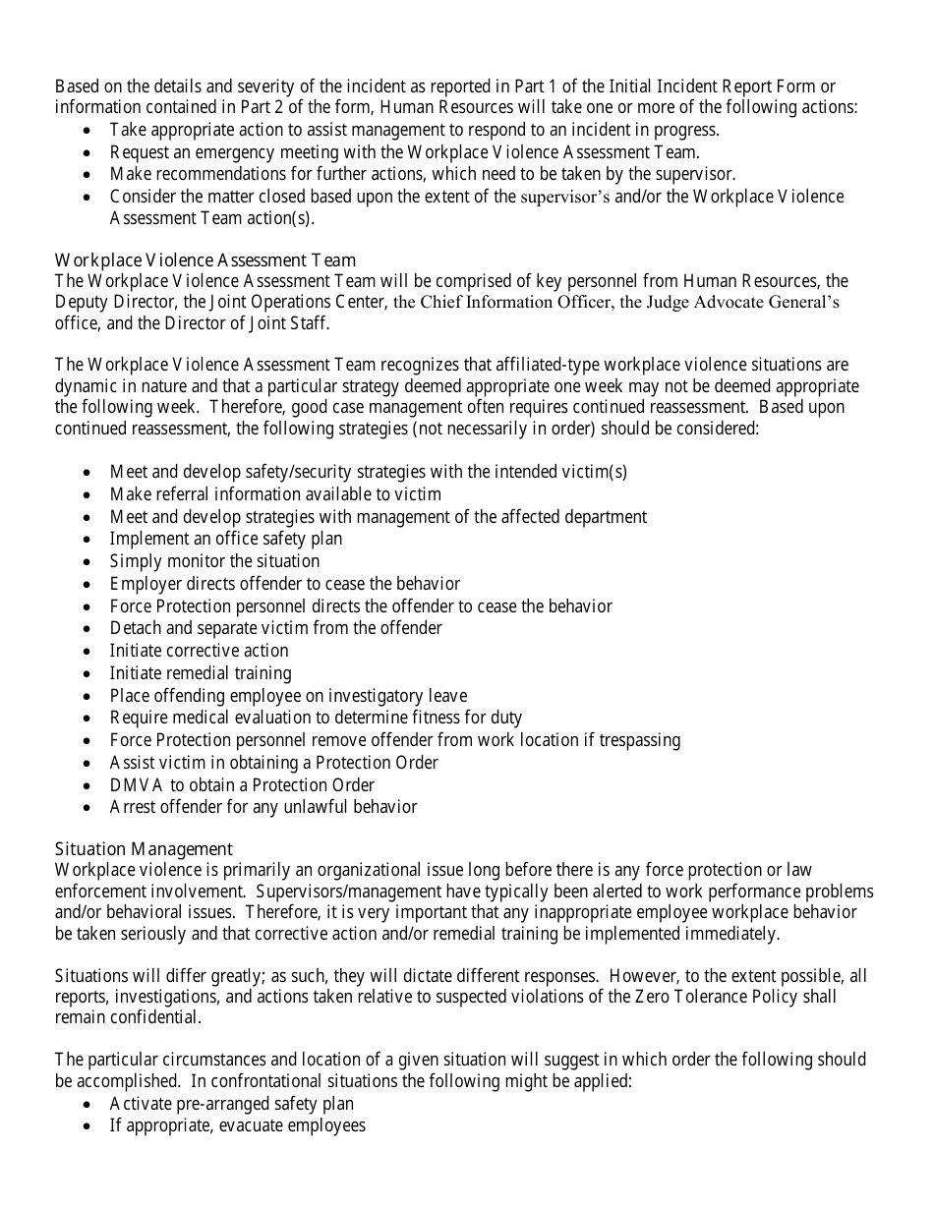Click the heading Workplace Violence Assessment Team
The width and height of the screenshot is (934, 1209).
[x=205, y=260]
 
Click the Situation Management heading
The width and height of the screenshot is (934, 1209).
[x=144, y=849]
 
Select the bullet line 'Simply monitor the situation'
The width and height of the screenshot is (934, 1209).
[x=214, y=561]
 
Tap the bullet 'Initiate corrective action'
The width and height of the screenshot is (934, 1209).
[x=199, y=651]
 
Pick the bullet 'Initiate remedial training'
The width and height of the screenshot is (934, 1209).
[x=201, y=673]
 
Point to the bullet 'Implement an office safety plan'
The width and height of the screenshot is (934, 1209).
[x=226, y=539]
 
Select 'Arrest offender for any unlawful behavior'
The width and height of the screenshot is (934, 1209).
[x=263, y=807]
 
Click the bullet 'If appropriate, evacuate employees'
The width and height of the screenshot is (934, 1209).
[x=238, y=1125]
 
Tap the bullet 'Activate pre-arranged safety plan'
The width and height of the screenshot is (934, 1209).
[x=232, y=1103]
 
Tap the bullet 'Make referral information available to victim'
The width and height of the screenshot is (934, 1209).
[x=275, y=494]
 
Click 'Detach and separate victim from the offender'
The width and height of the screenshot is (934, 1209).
[x=276, y=628]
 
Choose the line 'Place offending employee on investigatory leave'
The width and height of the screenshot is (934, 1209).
[x=288, y=696]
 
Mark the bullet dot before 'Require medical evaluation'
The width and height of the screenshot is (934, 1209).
[x=89, y=719]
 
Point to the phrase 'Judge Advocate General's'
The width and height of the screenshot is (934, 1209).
[x=742, y=303]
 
